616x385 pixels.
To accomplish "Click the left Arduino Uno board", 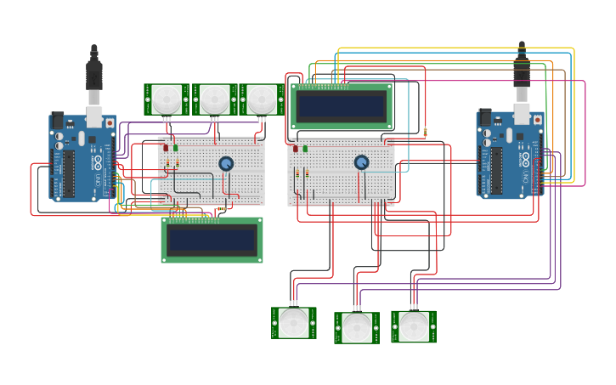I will pyautogui.click(x=82, y=158).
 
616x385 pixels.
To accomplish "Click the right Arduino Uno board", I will pyautogui.click(x=510, y=155).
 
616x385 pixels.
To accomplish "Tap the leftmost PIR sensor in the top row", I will pyautogui.click(x=167, y=99).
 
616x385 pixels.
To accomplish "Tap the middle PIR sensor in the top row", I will pyautogui.click(x=215, y=99).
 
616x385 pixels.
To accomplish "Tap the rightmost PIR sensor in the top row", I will pyautogui.click(x=262, y=99).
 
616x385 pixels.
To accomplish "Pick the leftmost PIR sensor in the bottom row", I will pyautogui.click(x=294, y=323).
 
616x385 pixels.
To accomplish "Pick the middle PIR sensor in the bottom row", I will pyautogui.click(x=357, y=327).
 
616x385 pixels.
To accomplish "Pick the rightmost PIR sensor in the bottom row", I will pyautogui.click(x=414, y=326).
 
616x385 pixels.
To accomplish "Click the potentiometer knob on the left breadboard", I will pyautogui.click(x=226, y=163).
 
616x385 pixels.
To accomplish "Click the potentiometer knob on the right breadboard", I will pyautogui.click(x=362, y=161).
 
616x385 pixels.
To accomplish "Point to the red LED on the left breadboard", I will pyautogui.click(x=166, y=148).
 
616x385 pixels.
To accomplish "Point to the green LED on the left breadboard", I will pyautogui.click(x=176, y=148).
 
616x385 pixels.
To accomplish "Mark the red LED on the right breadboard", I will pyautogui.click(x=296, y=149).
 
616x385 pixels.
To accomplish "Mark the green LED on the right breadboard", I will pyautogui.click(x=306, y=149).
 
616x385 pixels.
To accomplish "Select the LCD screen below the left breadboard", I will pyautogui.click(x=212, y=240).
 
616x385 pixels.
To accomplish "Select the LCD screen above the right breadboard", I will pyautogui.click(x=342, y=106).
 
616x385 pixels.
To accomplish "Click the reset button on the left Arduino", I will pyautogui.click(x=109, y=123).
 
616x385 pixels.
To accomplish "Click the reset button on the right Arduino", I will pyautogui.click(x=537, y=120).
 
